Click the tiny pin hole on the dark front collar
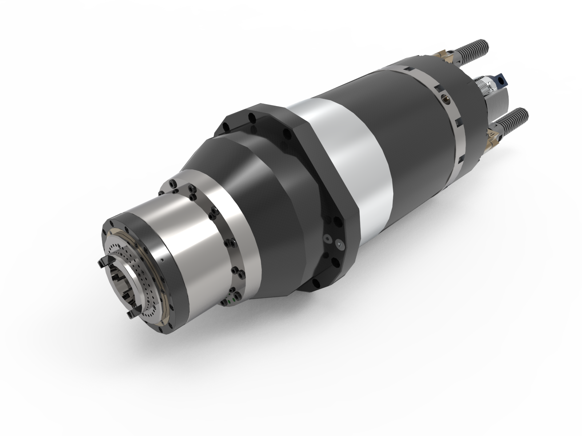(163, 260)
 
